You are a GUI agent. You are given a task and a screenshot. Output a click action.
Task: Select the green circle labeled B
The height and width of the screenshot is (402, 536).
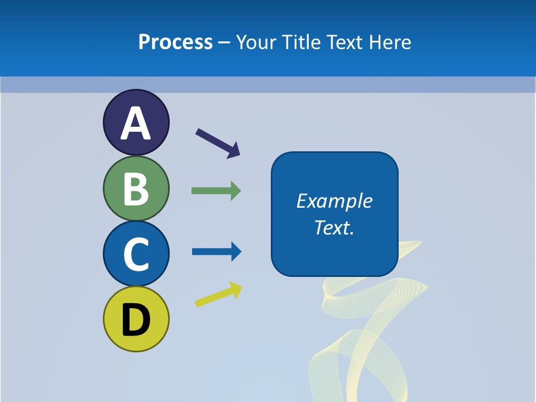pyautogui.click(x=136, y=189)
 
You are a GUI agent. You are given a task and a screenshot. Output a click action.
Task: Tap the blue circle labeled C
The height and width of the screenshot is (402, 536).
pyautogui.click(x=136, y=254)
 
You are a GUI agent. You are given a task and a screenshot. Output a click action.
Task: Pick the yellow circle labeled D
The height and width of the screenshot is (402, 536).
pyautogui.click(x=136, y=319)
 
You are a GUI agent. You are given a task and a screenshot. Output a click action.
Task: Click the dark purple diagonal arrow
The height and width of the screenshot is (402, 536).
pyautogui.click(x=218, y=143)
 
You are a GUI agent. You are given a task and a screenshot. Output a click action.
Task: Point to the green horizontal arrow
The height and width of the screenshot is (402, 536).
pyautogui.click(x=216, y=191)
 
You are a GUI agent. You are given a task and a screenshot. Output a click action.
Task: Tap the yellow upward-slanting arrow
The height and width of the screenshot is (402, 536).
pyautogui.click(x=218, y=294)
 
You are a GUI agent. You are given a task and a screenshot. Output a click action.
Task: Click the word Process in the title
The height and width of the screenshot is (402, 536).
pyautogui.click(x=175, y=42)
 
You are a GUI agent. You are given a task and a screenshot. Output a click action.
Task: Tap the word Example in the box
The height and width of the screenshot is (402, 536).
pyautogui.click(x=334, y=201)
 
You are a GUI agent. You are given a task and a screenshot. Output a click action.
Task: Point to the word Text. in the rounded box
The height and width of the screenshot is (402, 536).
pyautogui.click(x=334, y=227)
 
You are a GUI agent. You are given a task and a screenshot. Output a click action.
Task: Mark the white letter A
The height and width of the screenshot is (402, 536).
pyautogui.click(x=136, y=123)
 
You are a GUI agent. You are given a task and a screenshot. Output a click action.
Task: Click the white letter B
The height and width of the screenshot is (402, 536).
pyautogui.click(x=136, y=189)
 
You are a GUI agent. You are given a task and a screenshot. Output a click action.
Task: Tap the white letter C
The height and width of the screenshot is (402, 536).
pyautogui.click(x=136, y=254)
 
